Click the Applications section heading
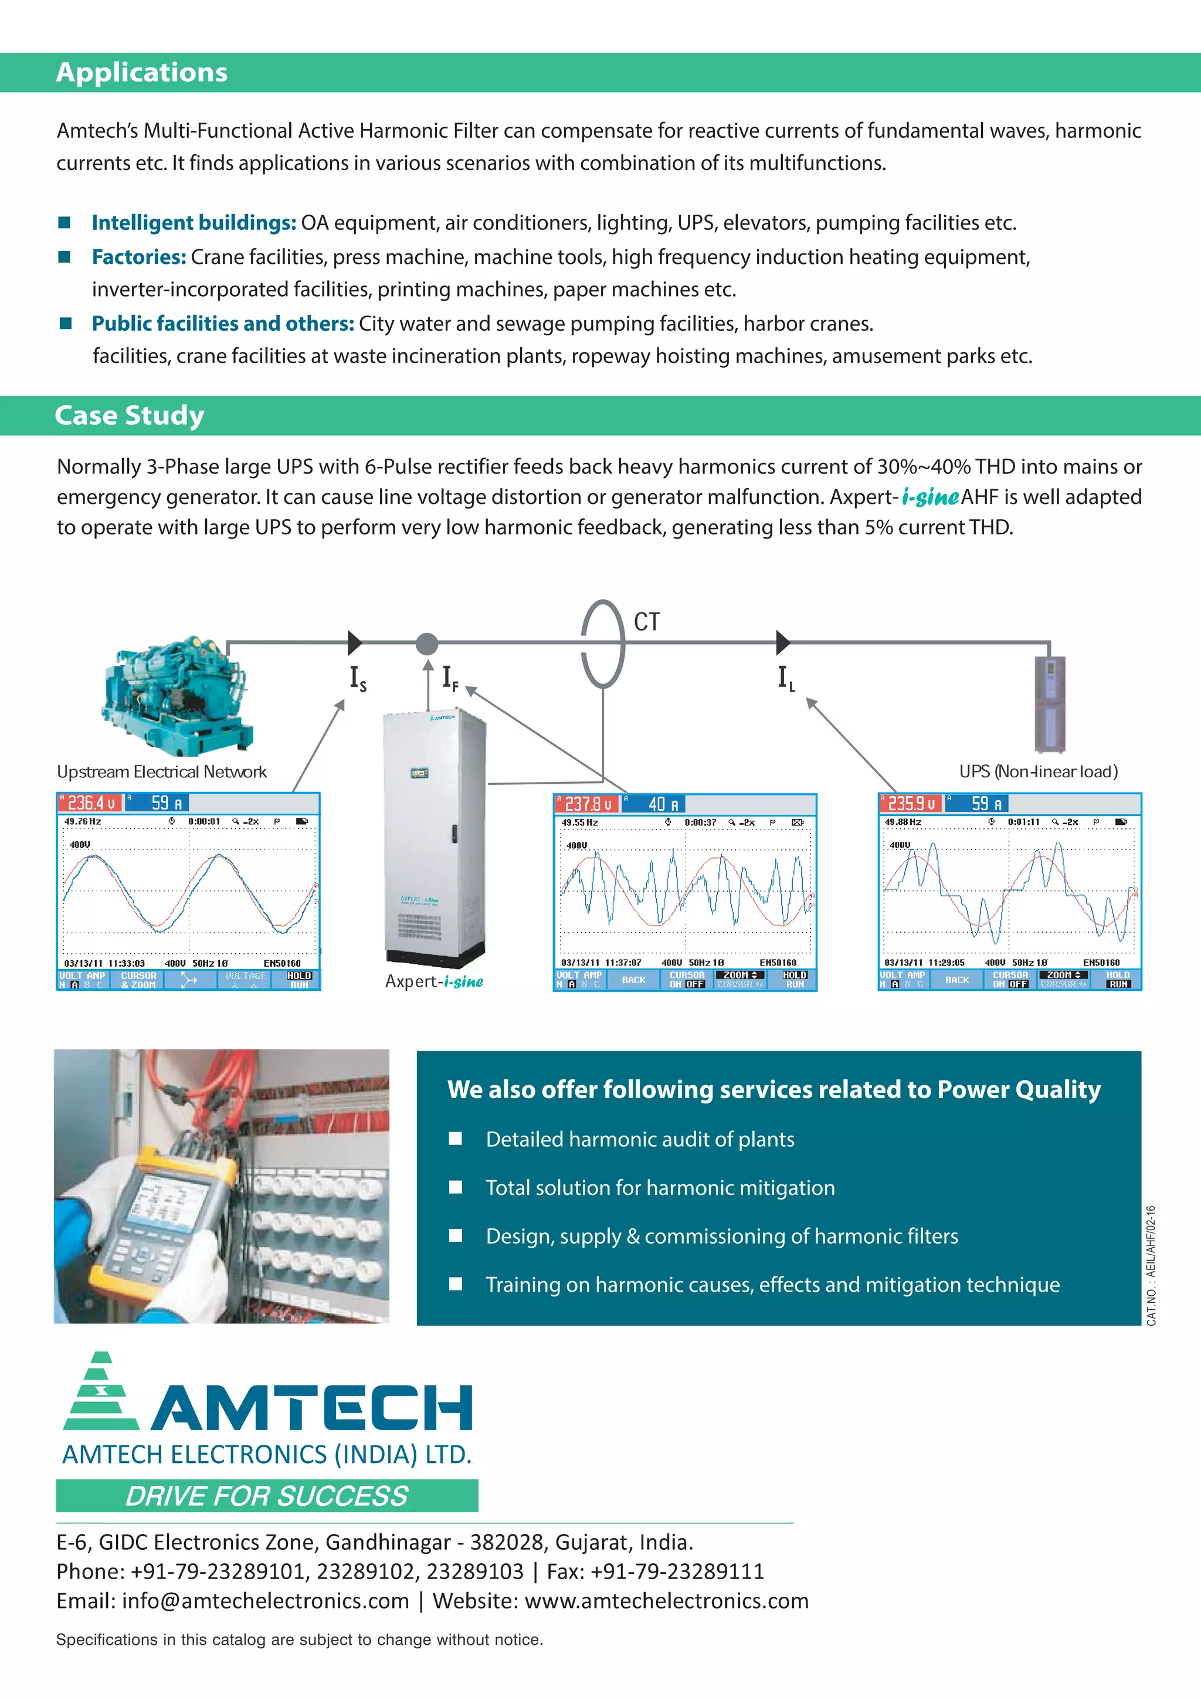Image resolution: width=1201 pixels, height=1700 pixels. click(x=141, y=73)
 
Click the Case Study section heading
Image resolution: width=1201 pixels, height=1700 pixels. click(x=130, y=415)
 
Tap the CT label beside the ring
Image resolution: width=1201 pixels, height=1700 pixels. click(x=646, y=622)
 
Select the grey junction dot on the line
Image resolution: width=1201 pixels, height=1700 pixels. click(x=426, y=644)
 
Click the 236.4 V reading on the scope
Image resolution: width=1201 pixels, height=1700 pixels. click(x=91, y=802)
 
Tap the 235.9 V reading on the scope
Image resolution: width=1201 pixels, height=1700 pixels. click(x=911, y=803)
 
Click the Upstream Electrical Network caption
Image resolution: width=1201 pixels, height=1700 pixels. click(x=161, y=771)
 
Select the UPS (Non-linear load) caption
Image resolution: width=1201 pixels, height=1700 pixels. click(x=1037, y=771)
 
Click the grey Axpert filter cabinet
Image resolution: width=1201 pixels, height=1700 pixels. click(x=433, y=837)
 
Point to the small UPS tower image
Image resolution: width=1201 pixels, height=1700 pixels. click(x=1049, y=703)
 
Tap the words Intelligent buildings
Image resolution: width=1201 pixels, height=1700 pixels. click(x=194, y=223)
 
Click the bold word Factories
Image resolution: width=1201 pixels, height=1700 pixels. click(x=138, y=257)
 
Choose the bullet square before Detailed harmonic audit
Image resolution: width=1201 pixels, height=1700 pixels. click(x=456, y=1139)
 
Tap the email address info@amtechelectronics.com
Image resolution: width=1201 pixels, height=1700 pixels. click(x=265, y=1600)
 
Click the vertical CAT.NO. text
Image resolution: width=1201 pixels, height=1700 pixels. click(x=1151, y=1265)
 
